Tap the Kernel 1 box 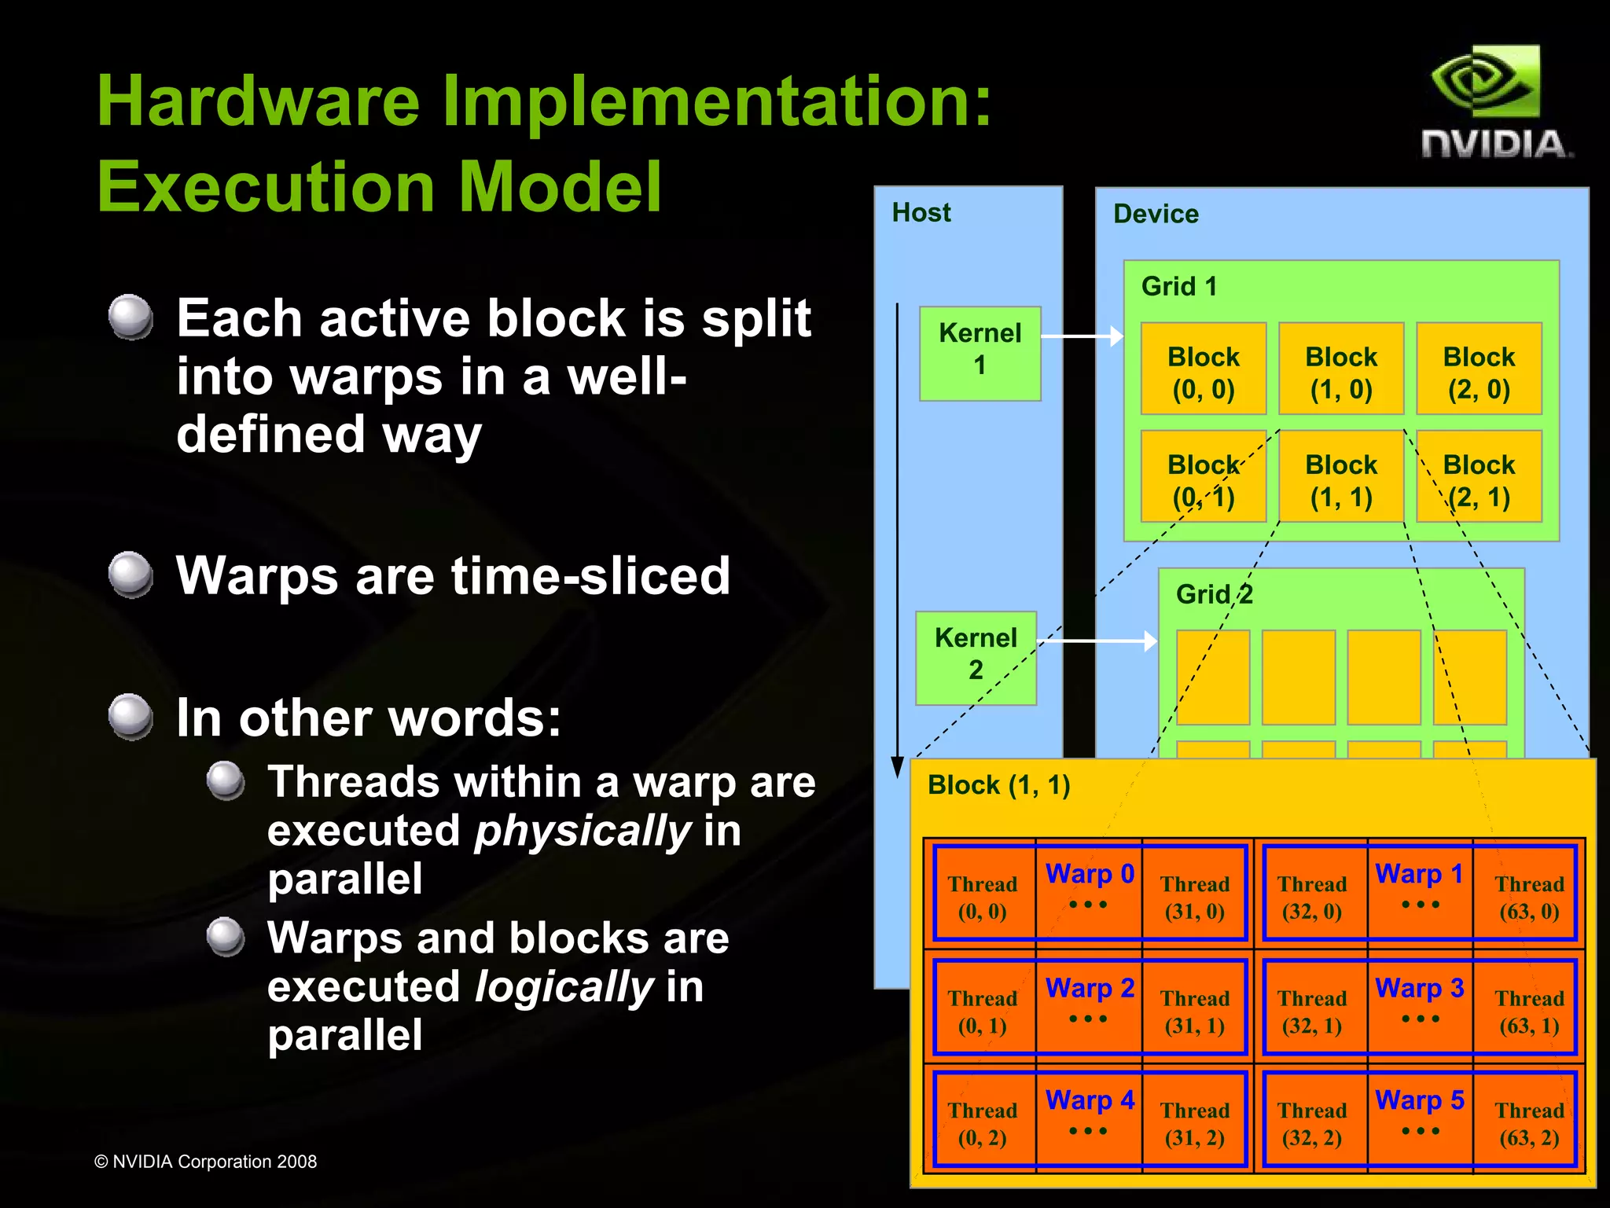pos(980,353)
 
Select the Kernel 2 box pos(976,657)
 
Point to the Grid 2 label pos(1214,594)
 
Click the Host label pos(921,212)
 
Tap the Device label pos(1155,214)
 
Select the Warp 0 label pos(1089,874)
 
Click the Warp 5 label pos(1419,1100)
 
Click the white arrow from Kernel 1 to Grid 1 pos(1082,336)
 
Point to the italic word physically pos(583,832)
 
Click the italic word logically pos(564,987)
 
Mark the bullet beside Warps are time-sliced pos(130,575)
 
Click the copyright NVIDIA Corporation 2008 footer pos(205,1162)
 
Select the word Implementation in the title pos(716,102)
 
